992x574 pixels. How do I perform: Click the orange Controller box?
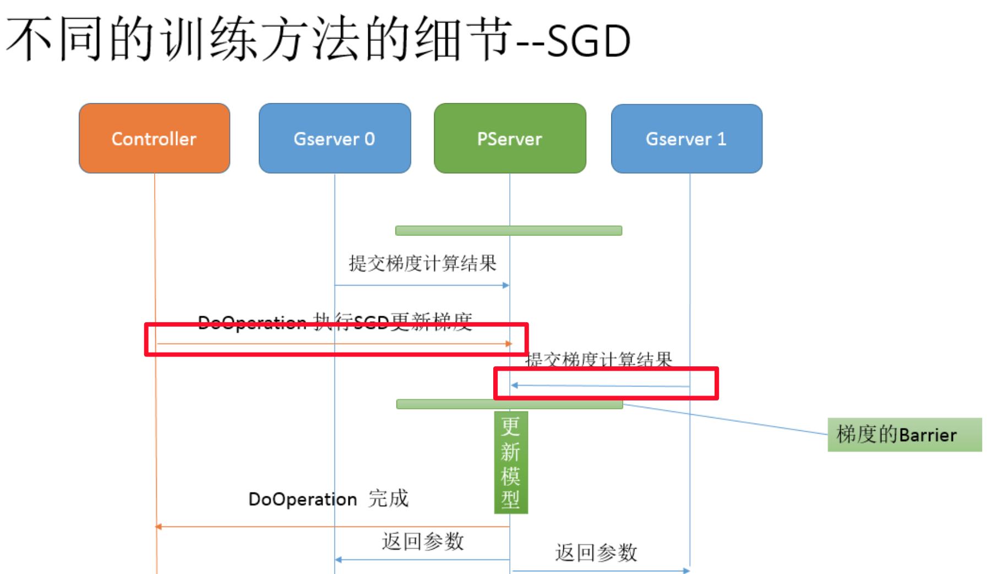[x=154, y=138]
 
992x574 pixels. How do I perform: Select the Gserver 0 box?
[x=335, y=138]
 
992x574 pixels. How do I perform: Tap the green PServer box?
[x=510, y=138]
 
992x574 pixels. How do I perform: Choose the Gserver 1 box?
[x=686, y=138]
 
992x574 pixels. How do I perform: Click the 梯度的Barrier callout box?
[x=904, y=435]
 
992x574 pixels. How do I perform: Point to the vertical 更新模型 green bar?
[x=511, y=463]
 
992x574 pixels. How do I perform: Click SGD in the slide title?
[x=588, y=41]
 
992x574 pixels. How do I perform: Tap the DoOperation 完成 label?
[x=329, y=499]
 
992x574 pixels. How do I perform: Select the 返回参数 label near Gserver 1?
[x=596, y=552]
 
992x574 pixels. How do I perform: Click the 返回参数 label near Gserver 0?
[x=423, y=541]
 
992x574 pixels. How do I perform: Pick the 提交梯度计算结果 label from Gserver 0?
[x=423, y=263]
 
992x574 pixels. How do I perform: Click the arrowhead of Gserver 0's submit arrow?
[x=506, y=285]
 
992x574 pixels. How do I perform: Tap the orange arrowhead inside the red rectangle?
[x=509, y=344]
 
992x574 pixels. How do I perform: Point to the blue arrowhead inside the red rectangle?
[x=515, y=386]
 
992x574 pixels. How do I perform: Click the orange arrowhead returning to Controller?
[x=159, y=527]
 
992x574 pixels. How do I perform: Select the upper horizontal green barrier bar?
[x=509, y=231]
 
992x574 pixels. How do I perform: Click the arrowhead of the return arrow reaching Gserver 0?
[x=339, y=560]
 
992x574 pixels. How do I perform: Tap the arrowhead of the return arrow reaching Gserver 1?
[x=686, y=571]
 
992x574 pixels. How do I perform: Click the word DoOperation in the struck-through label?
[x=252, y=322]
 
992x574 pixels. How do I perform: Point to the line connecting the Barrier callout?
[x=727, y=420]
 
